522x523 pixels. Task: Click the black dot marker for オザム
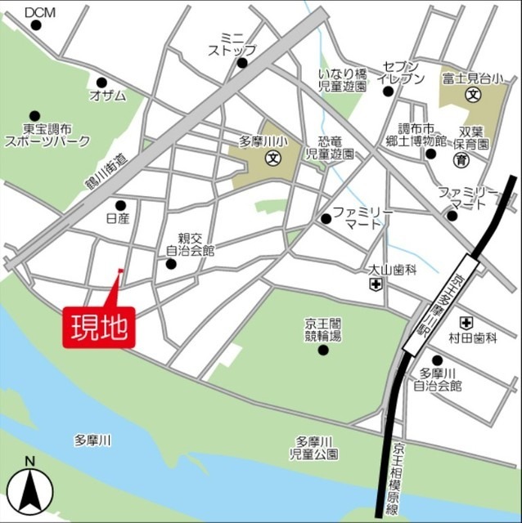click(x=101, y=83)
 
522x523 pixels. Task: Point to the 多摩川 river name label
click(x=92, y=440)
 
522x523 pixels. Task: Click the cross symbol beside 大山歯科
click(x=376, y=284)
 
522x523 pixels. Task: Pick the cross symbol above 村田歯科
click(x=466, y=322)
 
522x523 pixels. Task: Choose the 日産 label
click(x=119, y=220)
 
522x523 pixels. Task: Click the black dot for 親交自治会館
click(x=171, y=264)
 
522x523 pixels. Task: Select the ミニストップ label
click(x=232, y=43)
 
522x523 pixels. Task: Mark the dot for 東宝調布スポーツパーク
click(x=34, y=116)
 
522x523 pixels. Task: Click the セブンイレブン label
click(x=401, y=72)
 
